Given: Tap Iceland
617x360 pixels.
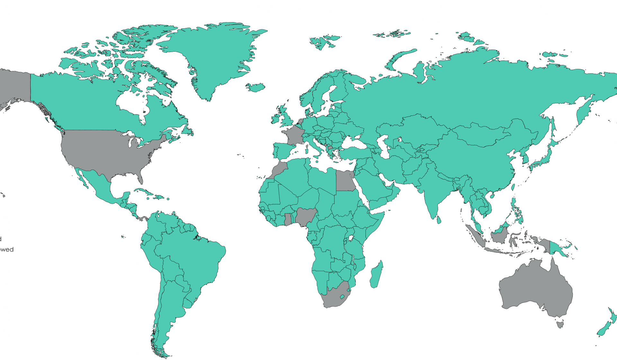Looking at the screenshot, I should tap(255, 87).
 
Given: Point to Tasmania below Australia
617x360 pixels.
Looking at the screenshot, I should tap(560, 324).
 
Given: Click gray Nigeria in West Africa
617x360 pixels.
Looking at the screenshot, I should tap(306, 216).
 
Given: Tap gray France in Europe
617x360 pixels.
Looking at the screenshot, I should tap(293, 135).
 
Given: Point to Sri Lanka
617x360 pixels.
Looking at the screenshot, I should tap(439, 220).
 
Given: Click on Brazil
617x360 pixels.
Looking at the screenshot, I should tap(193, 257).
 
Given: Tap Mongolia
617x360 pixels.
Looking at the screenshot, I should tap(482, 132).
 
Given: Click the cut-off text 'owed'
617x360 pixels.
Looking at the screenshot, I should tap(7, 249).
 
